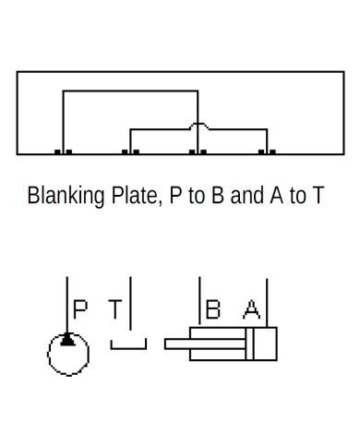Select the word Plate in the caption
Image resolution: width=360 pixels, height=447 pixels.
(x=134, y=198)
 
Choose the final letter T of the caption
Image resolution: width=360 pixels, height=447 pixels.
(x=318, y=197)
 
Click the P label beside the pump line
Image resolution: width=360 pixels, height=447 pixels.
(x=81, y=308)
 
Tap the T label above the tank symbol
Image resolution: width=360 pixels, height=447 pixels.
(x=114, y=308)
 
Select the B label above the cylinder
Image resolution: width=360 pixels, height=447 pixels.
(x=213, y=308)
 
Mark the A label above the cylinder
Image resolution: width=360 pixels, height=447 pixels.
(x=251, y=308)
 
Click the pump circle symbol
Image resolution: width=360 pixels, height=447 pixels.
(x=68, y=354)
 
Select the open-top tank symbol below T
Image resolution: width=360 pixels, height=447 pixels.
(x=128, y=345)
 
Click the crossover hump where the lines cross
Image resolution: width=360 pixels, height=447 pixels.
(x=198, y=124)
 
